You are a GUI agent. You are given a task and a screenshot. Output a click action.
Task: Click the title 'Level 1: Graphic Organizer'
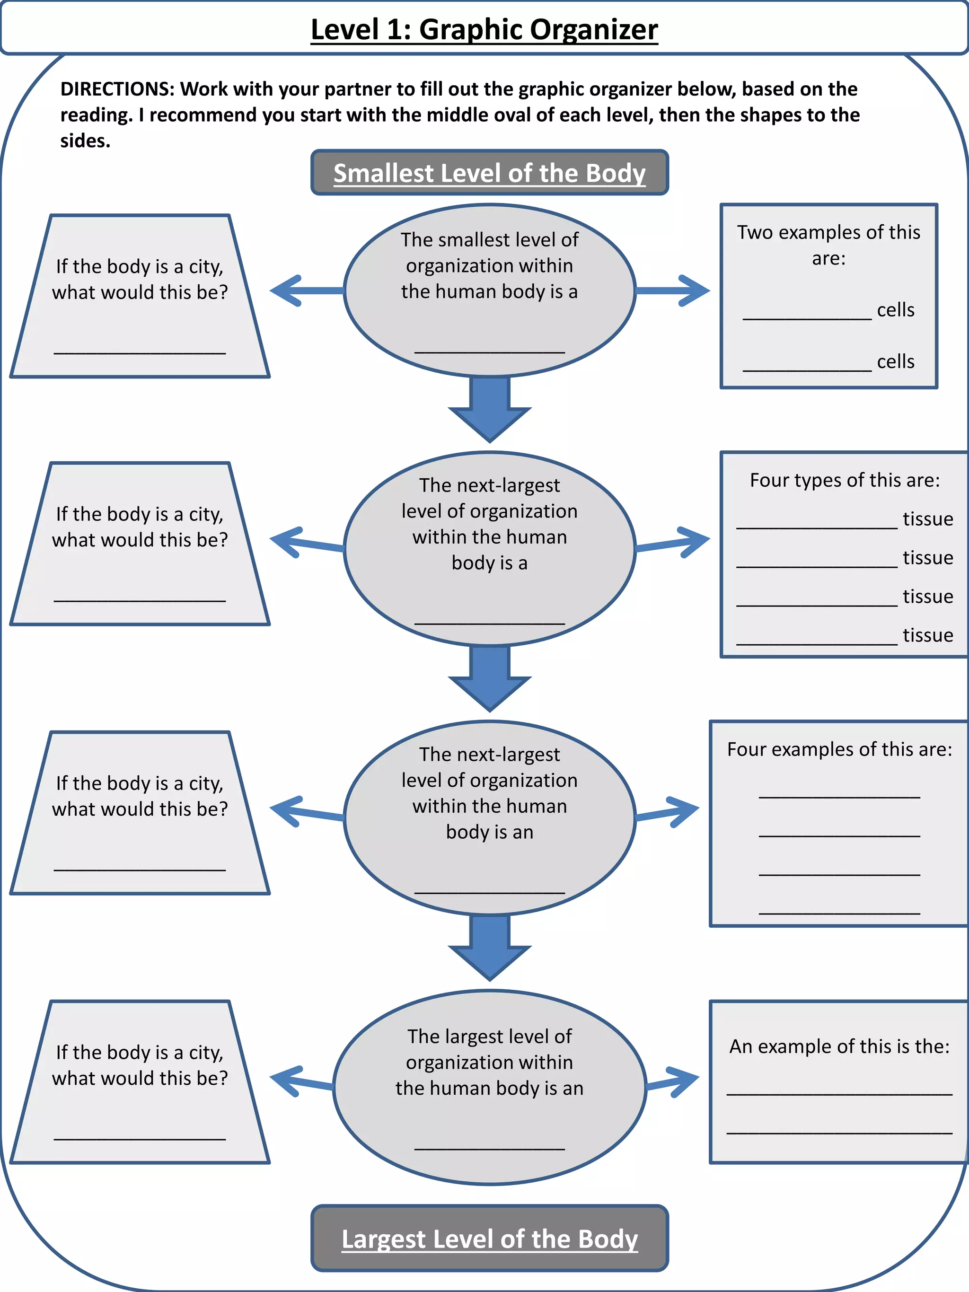pyautogui.click(x=484, y=29)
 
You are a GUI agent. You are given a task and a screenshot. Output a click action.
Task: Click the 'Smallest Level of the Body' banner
pyautogui.click(x=489, y=173)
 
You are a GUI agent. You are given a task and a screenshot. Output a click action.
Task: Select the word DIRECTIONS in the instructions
pyautogui.click(x=117, y=89)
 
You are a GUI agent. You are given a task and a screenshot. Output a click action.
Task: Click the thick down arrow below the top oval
pyautogui.click(x=489, y=409)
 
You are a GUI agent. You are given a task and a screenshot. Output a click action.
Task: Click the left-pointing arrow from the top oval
pyautogui.click(x=304, y=290)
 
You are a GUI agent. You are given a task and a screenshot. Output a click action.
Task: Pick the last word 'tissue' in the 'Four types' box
pyautogui.click(x=927, y=635)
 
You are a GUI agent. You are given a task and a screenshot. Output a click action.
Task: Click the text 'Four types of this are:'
pyautogui.click(x=845, y=480)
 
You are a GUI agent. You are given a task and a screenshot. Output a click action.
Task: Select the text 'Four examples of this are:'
pyautogui.click(x=839, y=749)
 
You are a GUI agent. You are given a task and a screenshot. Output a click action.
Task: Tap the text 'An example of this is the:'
pyautogui.click(x=839, y=1046)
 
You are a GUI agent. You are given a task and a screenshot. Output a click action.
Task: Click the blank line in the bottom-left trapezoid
pyautogui.click(x=140, y=1138)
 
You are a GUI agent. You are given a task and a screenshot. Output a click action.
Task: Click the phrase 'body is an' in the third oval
pyautogui.click(x=489, y=832)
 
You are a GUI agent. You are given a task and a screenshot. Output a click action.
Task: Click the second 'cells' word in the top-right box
pyautogui.click(x=895, y=361)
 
